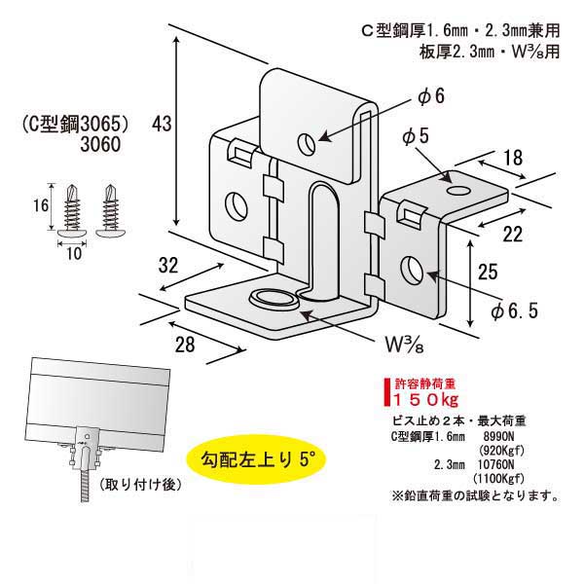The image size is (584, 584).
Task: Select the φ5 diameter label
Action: pos(415,138)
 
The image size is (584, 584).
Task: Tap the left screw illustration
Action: pos(72,209)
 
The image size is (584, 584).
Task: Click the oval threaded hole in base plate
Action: pos(271,296)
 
